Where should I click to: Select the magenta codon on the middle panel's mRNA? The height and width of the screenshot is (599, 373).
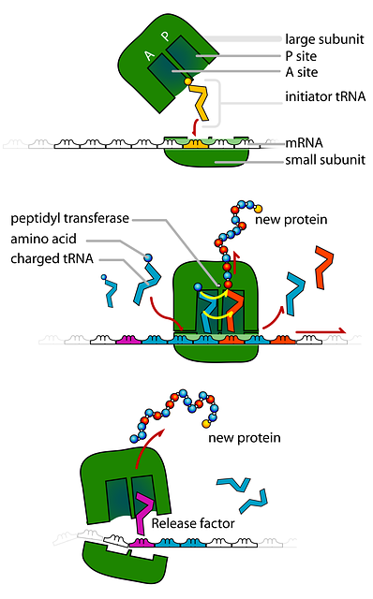click(128, 342)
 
